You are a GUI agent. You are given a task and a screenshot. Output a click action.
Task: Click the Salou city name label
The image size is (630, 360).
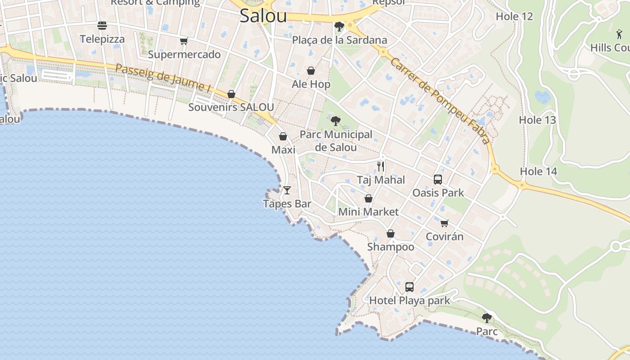[x=263, y=16]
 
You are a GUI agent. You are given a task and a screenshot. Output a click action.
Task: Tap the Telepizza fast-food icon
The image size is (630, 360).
[x=102, y=26]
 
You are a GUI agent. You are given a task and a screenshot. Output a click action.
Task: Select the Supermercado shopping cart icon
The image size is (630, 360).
[x=184, y=41]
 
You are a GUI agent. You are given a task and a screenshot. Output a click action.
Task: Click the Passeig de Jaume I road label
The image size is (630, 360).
[x=163, y=79]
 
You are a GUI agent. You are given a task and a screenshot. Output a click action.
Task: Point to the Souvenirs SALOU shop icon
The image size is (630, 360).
[x=231, y=94]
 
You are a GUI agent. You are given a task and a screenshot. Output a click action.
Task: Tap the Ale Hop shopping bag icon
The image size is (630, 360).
[x=310, y=71]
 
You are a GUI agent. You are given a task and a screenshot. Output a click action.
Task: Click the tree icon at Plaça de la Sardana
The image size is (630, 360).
[x=339, y=27]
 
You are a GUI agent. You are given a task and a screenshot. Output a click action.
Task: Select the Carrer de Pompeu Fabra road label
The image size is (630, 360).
[x=440, y=101]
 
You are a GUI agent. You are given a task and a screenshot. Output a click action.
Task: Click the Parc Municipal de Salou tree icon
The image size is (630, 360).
[x=335, y=121]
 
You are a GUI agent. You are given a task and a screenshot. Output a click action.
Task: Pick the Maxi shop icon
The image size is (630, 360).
[x=283, y=136]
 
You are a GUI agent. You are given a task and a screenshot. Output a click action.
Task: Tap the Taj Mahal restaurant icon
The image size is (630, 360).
[x=381, y=166]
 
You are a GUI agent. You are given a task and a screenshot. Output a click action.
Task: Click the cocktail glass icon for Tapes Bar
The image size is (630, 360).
[x=287, y=190]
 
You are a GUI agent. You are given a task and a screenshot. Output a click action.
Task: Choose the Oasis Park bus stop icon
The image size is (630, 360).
[x=438, y=180]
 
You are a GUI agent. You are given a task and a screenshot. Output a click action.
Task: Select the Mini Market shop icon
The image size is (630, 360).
[x=368, y=198]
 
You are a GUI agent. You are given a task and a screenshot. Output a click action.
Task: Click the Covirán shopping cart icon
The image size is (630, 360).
[x=445, y=223]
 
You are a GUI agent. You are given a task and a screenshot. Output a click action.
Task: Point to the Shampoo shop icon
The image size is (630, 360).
[x=391, y=234]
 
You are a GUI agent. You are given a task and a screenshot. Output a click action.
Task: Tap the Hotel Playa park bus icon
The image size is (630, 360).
[x=409, y=287]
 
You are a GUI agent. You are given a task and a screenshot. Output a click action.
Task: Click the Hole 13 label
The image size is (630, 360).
[x=537, y=120]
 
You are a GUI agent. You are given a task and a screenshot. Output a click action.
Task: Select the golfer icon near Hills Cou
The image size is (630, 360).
[x=619, y=34]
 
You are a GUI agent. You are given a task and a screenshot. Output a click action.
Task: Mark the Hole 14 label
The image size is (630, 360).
[x=538, y=171]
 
